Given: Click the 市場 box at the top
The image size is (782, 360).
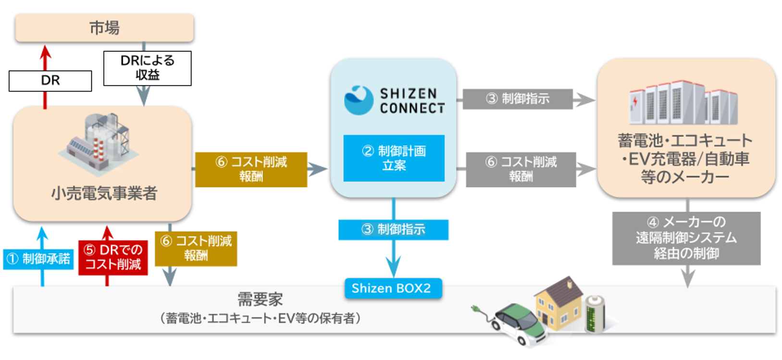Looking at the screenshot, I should (104, 28).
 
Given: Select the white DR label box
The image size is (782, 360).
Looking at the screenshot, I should (50, 81).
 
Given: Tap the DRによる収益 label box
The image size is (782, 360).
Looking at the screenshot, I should (147, 68).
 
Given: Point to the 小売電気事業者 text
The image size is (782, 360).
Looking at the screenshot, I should (104, 193).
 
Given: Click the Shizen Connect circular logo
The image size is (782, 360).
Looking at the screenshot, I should (359, 100).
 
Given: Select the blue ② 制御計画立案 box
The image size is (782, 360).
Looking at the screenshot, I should (394, 158).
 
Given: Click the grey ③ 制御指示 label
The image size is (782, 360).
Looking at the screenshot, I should (517, 99).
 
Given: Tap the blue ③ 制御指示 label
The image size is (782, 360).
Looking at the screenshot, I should (393, 229).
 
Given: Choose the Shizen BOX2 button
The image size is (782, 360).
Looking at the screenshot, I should (392, 288).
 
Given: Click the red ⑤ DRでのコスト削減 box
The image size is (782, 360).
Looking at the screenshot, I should (113, 257).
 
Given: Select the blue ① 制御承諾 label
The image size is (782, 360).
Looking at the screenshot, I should (38, 259).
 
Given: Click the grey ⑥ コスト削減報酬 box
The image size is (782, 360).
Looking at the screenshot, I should (521, 169).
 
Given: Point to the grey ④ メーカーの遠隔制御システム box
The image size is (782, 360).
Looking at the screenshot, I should (686, 238).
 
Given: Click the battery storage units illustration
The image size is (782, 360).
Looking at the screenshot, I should (683, 103).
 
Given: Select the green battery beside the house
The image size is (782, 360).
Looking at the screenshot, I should (595, 314).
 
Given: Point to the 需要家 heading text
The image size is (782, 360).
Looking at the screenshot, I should (260, 299).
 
